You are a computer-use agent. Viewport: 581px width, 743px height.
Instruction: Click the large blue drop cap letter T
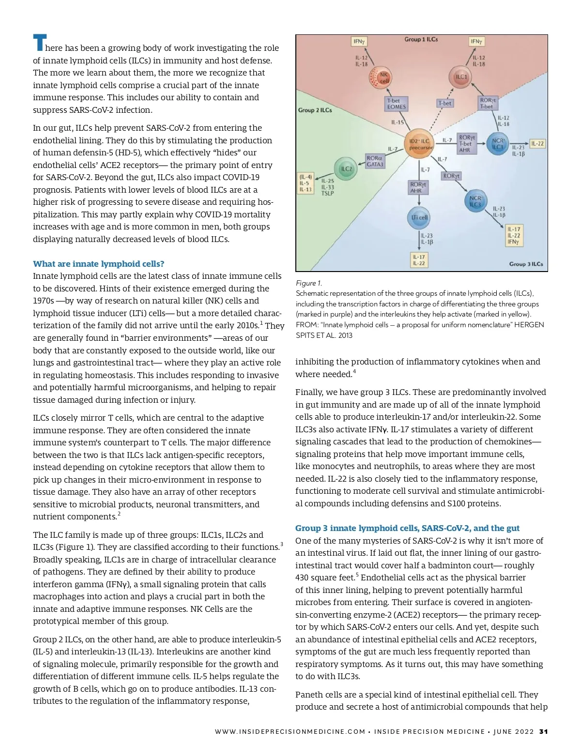pos(39,43)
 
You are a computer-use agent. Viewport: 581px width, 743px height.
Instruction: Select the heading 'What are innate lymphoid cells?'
pos(98,264)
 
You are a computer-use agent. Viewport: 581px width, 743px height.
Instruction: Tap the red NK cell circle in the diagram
pos(380,77)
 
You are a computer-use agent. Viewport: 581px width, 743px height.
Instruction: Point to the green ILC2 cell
pos(346,169)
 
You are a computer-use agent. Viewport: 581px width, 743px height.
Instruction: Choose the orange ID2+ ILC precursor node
pos(419,144)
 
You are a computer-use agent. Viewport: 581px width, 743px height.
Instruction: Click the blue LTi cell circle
pos(419,217)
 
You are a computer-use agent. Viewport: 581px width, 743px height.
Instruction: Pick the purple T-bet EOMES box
pos(397,104)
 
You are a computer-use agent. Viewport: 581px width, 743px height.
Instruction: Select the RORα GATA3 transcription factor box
pos(375,161)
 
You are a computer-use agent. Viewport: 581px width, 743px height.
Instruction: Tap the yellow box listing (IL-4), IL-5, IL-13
pos(306,183)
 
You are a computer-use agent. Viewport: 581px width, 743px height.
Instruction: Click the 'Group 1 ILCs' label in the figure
pos(421,39)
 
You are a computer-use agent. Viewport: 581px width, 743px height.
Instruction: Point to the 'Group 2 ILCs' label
pos(315,110)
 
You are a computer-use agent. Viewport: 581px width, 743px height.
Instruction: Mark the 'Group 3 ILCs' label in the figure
pos(526,264)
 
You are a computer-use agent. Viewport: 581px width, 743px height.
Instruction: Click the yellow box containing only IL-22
pos(537,144)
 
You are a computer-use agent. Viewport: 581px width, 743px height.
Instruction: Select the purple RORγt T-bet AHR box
pos(467,144)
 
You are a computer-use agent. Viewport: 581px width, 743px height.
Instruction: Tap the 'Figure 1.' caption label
pos(308,283)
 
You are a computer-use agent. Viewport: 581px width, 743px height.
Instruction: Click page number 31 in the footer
pos(543,731)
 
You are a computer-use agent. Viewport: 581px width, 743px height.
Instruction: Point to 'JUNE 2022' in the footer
pos(513,731)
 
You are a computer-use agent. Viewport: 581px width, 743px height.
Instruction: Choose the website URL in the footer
pos(290,731)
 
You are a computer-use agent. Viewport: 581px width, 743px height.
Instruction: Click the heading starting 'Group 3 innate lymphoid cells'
pos(407,528)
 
